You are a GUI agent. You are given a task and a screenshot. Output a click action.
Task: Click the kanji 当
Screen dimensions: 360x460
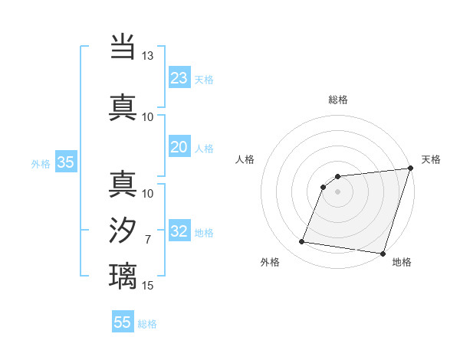coord(123,47)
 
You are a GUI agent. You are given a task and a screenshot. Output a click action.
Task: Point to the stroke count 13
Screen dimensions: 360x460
coord(147,56)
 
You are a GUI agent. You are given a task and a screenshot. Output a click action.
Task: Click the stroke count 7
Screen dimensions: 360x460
coord(147,240)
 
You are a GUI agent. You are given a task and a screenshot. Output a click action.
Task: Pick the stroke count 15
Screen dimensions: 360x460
coord(147,286)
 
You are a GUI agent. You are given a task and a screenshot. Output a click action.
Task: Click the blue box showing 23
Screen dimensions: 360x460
coord(179,78)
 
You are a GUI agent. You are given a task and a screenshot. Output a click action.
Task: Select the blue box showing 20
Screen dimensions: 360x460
coord(179,147)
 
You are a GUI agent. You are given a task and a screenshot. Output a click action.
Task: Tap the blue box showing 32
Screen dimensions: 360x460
coord(179,231)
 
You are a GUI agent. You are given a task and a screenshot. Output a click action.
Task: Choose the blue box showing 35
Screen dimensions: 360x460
coord(66,162)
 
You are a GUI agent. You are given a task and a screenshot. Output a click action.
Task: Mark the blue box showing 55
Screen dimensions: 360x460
coord(123,322)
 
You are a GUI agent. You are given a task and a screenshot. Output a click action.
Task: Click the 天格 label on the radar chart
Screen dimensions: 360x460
coord(431,159)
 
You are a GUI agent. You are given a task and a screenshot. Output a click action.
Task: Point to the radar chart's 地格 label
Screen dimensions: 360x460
coord(402,262)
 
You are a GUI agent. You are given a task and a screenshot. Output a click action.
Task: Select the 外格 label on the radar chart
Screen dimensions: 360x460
coord(270,262)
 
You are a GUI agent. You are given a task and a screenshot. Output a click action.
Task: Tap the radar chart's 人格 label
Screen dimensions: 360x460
coord(245,159)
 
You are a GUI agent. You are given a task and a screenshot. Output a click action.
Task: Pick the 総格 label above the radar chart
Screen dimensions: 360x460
coord(337,100)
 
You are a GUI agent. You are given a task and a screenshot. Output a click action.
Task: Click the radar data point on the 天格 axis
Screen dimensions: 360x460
coord(410,169)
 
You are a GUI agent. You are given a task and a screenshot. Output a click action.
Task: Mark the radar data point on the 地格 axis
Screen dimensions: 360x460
coord(383,254)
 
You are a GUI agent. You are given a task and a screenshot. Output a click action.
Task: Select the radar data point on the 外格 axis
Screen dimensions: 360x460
coord(302,242)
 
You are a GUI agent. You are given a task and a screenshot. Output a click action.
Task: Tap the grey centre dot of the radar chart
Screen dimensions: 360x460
coord(337,192)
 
